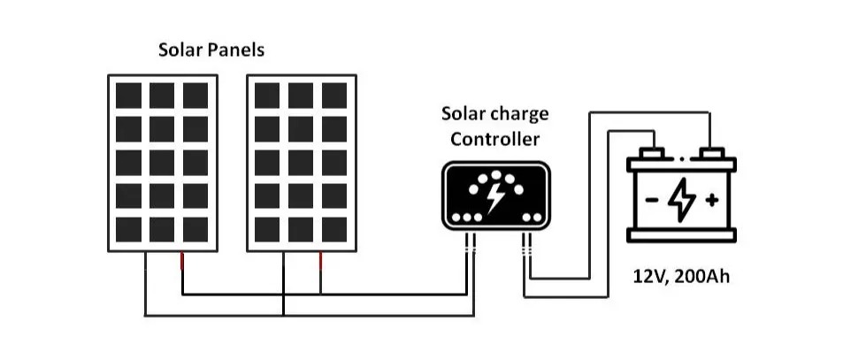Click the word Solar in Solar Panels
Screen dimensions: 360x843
(180, 50)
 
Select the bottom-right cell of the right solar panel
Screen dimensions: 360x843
(333, 229)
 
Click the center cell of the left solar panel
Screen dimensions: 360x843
(162, 163)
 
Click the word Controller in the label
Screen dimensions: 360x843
(494, 139)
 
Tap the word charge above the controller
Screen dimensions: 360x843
(519, 114)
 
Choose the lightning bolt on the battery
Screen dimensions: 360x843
(681, 200)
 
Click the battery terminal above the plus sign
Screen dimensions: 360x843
(709, 153)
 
